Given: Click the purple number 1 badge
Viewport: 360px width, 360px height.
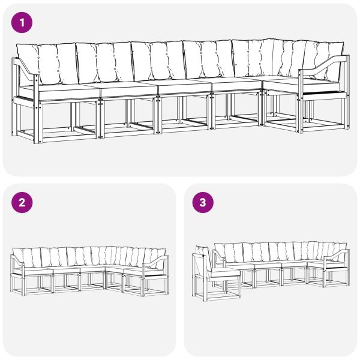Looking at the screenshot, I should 22,23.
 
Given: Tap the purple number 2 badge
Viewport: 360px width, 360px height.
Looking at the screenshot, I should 22,202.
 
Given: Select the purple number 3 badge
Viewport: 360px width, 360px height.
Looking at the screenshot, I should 202,202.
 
